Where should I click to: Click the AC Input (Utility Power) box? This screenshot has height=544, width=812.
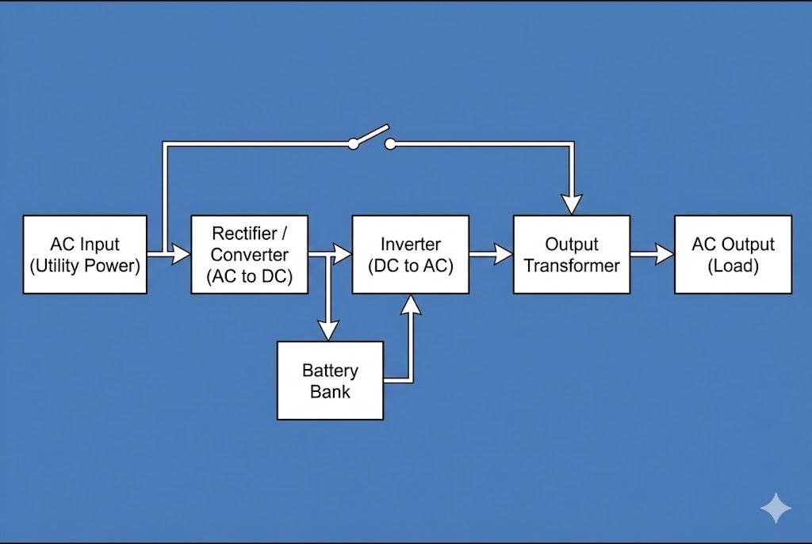point(85,254)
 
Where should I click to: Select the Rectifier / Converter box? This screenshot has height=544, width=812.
point(249,254)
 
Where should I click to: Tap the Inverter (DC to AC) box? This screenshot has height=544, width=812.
point(410,254)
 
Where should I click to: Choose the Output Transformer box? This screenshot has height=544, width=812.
point(572,254)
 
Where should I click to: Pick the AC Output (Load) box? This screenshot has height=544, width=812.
point(733,254)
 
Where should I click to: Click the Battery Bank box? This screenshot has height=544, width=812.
point(330,380)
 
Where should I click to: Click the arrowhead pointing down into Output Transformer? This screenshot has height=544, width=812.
point(572,204)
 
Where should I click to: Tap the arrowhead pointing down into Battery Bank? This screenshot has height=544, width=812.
point(328,329)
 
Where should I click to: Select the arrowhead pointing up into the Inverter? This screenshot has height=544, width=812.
point(410,304)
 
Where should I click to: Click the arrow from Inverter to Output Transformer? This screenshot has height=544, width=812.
point(492,254)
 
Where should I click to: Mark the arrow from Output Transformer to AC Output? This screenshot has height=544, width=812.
point(653,254)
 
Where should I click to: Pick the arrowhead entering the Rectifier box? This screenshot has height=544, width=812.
point(181,254)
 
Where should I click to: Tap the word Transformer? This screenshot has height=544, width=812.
point(572,265)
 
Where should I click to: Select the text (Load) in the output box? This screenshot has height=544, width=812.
point(733,265)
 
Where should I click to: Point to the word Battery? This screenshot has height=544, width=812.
point(330,371)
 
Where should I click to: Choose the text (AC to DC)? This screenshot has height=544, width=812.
point(249,276)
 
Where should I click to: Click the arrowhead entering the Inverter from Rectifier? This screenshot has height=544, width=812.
point(342,254)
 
